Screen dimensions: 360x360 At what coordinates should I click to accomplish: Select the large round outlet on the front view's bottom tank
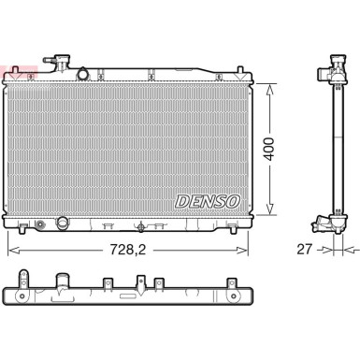tap(65, 223)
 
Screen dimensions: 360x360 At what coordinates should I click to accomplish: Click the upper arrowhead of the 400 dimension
tap(271, 85)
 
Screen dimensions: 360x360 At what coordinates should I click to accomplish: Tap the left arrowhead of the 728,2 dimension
tap(11, 250)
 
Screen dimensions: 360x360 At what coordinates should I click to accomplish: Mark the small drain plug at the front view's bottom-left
tap(40, 224)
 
